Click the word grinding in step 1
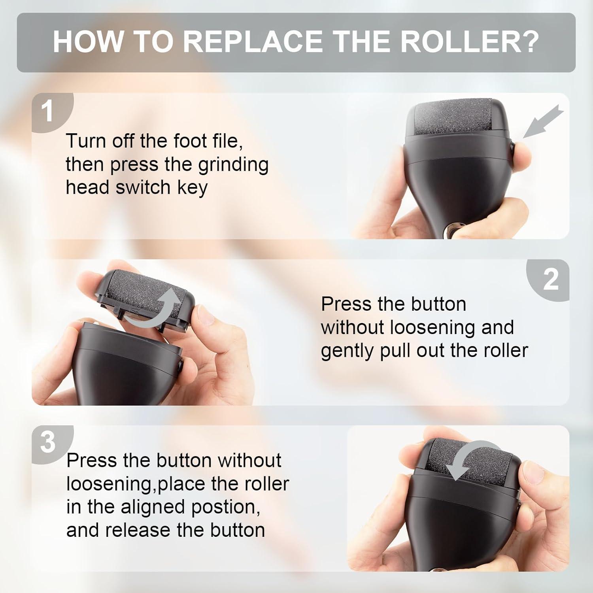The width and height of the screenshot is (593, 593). pyautogui.click(x=233, y=164)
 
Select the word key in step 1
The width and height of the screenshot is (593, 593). pyautogui.click(x=192, y=188)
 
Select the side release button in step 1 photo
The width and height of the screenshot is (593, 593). pyautogui.click(x=512, y=149)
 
